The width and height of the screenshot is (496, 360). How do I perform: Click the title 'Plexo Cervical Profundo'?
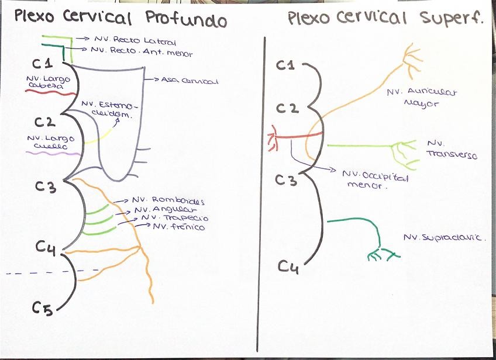(x=120, y=19)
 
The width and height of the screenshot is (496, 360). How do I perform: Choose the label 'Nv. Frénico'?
(x=179, y=227)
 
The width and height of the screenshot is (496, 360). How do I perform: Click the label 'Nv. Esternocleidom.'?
(x=111, y=110)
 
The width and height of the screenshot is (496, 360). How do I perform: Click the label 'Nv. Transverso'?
(x=451, y=150)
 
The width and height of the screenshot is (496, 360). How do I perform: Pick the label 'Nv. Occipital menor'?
(x=375, y=180)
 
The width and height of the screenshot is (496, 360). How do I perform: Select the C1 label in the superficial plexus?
(x=285, y=65)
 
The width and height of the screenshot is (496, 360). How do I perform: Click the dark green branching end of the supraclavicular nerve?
(x=382, y=254)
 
